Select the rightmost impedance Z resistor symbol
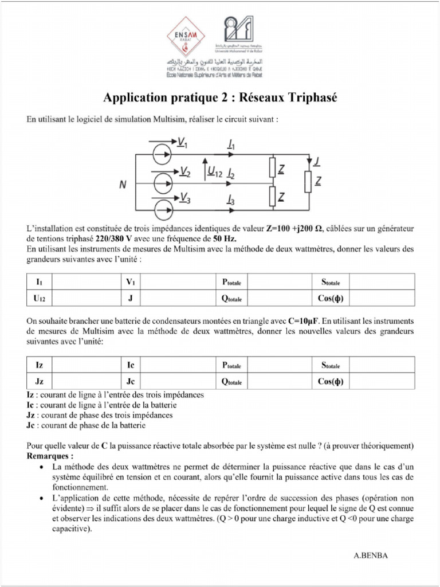[x=308, y=182]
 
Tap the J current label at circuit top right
[x=317, y=161]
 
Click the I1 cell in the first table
[x=40, y=282]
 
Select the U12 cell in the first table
[x=40, y=298]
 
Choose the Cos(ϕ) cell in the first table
[x=330, y=298]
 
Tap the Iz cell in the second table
[x=40, y=365]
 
